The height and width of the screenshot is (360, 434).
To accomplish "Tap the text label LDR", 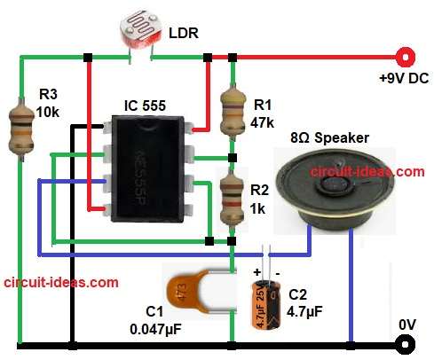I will click(184, 35).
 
